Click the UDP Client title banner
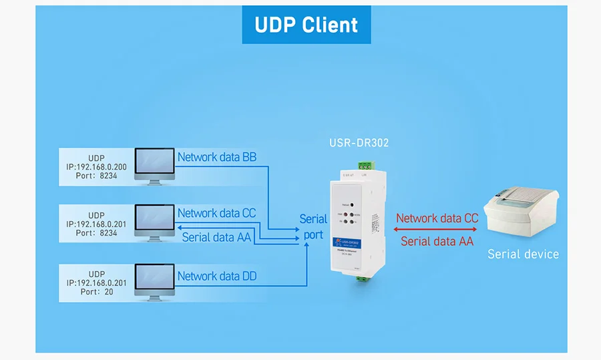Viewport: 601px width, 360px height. pyautogui.click(x=306, y=25)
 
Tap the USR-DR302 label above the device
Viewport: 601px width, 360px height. pyautogui.click(x=359, y=142)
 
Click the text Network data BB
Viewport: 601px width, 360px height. pyautogui.click(x=217, y=158)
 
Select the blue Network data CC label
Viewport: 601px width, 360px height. pyautogui.click(x=217, y=214)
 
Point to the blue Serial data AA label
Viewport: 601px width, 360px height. pyautogui.click(x=217, y=236)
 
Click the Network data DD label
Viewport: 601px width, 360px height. pyautogui.click(x=217, y=276)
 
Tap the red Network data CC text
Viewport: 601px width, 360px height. pyautogui.click(x=437, y=218)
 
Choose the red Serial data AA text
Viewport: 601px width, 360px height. pyautogui.click(x=437, y=241)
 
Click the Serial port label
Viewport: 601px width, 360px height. pyautogui.click(x=313, y=226)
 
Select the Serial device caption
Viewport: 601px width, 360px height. pyautogui.click(x=523, y=254)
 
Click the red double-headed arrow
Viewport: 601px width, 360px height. pyautogui.click(x=437, y=230)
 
